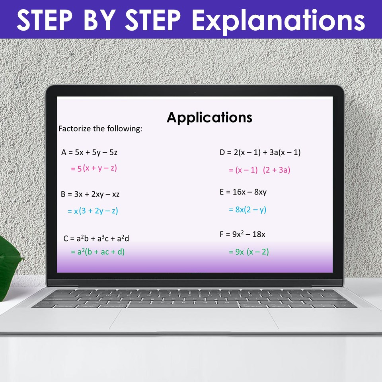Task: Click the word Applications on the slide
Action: tap(209, 117)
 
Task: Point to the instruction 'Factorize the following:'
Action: tap(100, 129)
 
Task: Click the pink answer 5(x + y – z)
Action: tap(94, 168)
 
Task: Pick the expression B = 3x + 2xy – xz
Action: tap(90, 194)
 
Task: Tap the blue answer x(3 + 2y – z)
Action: tap(93, 211)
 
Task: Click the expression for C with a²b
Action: tap(96, 239)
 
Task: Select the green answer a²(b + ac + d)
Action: tap(98, 252)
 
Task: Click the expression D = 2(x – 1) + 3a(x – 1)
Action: tap(260, 152)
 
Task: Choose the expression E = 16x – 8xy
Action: tap(243, 192)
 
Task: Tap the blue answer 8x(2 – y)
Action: tap(248, 210)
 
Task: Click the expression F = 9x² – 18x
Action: tap(242, 234)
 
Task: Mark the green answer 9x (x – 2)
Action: tap(249, 252)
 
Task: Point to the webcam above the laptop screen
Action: tap(195, 92)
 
